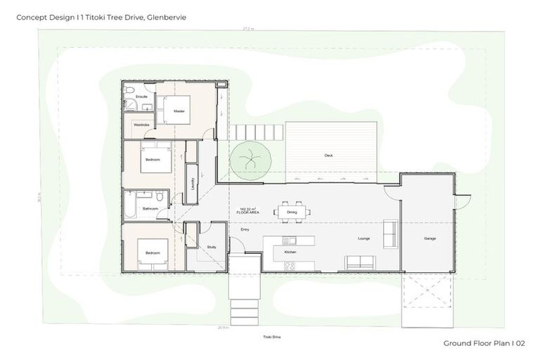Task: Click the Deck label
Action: pyautogui.click(x=328, y=155)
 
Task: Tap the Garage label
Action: pyautogui.click(x=429, y=238)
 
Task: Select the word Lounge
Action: pyautogui.click(x=364, y=238)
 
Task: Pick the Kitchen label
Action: pyautogui.click(x=290, y=251)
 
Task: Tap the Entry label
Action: pyautogui.click(x=245, y=229)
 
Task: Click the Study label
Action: pyautogui.click(x=212, y=247)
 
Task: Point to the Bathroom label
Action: pyautogui.click(x=150, y=208)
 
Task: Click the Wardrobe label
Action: pyautogui.click(x=141, y=124)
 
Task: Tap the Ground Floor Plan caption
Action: pyautogui.click(x=484, y=343)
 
